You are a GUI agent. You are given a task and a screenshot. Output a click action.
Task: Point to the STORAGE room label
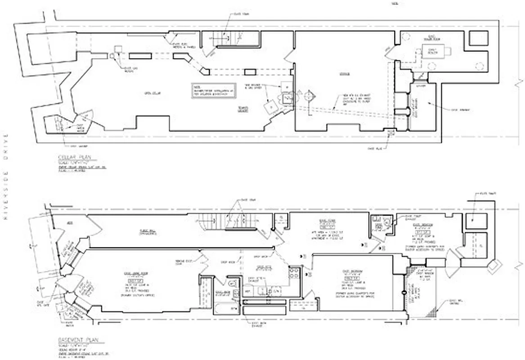coord(344,73)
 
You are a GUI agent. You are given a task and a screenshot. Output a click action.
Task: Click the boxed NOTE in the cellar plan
coord(215,90)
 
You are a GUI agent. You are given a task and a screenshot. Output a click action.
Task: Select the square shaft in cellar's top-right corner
coord(478,38)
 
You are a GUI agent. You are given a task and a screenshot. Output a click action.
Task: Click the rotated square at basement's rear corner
coord(494,266)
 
